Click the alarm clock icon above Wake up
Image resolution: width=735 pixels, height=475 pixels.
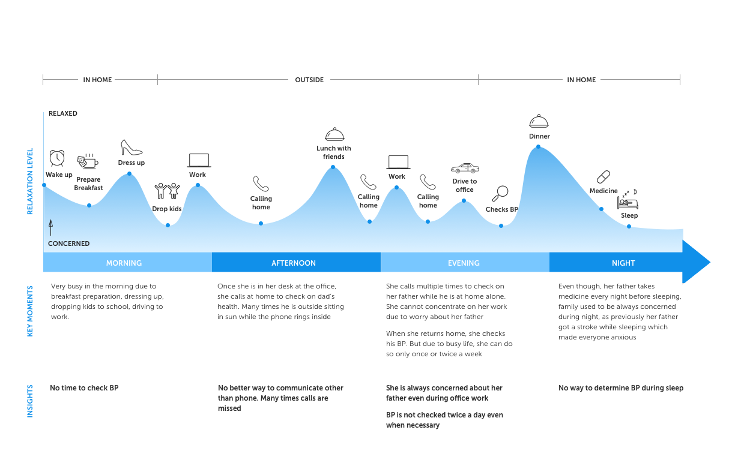coord(57,158)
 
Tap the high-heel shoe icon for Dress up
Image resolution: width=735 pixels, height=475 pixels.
coord(131,148)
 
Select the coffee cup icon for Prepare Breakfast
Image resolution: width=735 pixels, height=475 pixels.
coord(87,162)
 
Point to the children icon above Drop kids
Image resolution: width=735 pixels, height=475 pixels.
coord(167,191)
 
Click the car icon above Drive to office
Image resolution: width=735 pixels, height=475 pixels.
coord(465,168)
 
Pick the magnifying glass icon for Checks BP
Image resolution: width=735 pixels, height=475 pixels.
coord(500,193)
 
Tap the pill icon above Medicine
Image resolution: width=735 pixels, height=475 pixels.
coord(603,177)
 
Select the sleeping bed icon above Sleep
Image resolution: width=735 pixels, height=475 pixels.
coord(628,201)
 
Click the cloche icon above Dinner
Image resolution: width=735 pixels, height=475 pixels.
coord(539,121)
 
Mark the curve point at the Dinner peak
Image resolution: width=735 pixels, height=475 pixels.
coord(539,146)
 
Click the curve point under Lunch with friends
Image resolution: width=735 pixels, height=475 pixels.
coord(333,168)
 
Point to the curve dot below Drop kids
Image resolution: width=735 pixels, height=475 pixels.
coord(168,226)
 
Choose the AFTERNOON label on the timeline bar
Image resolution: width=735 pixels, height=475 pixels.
coord(294,263)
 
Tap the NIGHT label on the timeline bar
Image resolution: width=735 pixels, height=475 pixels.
coord(623,263)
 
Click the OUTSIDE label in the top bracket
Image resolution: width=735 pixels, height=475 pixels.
coord(309,80)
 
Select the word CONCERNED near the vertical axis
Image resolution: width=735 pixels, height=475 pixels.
coord(69,243)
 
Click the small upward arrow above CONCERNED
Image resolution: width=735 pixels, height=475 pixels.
coord(51,227)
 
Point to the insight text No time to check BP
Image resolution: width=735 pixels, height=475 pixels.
coord(84,388)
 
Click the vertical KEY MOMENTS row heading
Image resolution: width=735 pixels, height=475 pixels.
coord(30,311)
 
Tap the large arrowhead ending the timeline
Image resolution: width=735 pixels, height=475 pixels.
coord(695,262)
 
